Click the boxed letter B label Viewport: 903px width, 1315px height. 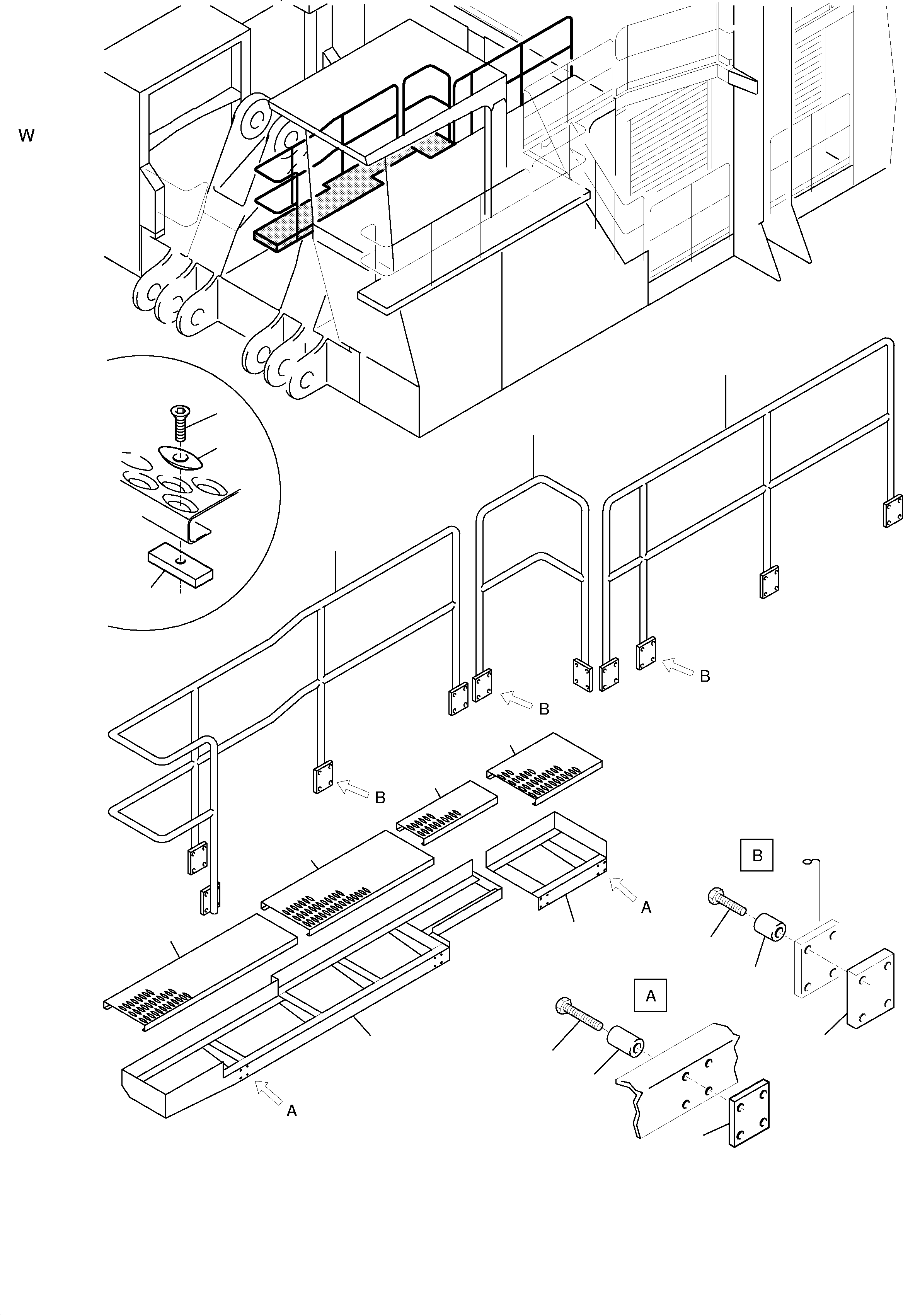[757, 856]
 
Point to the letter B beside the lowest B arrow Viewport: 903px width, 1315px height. [380, 798]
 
